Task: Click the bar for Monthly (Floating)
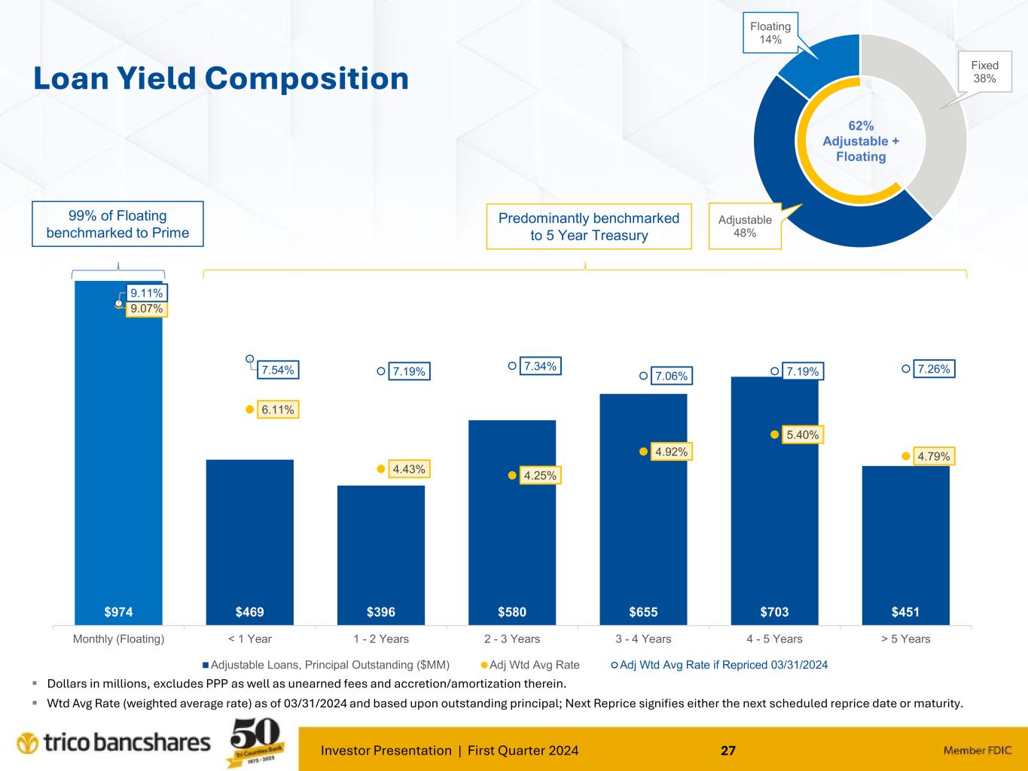[118, 452]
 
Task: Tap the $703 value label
[774, 612]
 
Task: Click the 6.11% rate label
[278, 410]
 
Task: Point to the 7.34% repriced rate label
[540, 367]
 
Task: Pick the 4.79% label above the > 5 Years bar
[934, 456]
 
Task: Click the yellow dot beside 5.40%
[774, 434]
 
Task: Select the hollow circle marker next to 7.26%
[906, 369]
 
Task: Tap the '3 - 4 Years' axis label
[643, 639]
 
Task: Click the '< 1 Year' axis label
[249, 639]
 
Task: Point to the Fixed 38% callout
[984, 72]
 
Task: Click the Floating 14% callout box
[770, 32]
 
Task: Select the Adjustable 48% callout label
[745, 226]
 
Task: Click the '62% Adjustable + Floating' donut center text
[861, 142]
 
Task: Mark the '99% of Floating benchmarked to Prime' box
[117, 224]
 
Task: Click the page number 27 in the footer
[728, 750]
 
